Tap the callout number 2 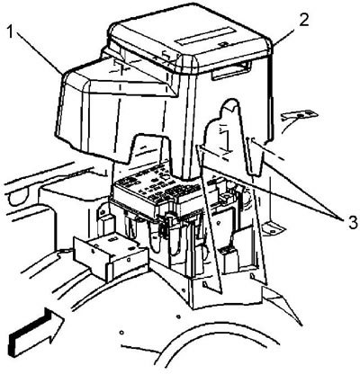[303, 21]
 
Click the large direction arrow [37, 332]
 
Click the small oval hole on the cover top [222, 44]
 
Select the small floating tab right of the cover [300, 114]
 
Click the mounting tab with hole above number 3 [273, 228]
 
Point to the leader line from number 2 [284, 34]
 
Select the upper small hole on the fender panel [179, 316]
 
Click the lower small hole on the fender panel [121, 333]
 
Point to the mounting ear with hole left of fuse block [103, 211]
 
